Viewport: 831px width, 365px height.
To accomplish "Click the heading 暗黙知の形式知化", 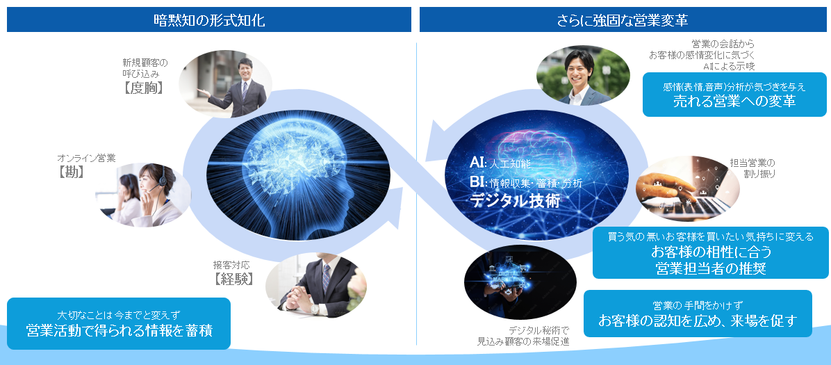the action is (208, 19).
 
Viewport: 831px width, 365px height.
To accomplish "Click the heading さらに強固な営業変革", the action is (622, 19).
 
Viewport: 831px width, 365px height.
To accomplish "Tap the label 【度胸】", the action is (144, 88).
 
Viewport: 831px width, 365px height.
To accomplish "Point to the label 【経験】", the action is (233, 279).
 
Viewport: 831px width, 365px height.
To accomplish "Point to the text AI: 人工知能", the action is (500, 163).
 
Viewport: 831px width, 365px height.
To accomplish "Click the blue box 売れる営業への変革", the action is (734, 95).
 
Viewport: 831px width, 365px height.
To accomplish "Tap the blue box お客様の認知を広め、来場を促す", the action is (697, 314).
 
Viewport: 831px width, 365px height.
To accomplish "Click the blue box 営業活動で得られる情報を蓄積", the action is (118, 323).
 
